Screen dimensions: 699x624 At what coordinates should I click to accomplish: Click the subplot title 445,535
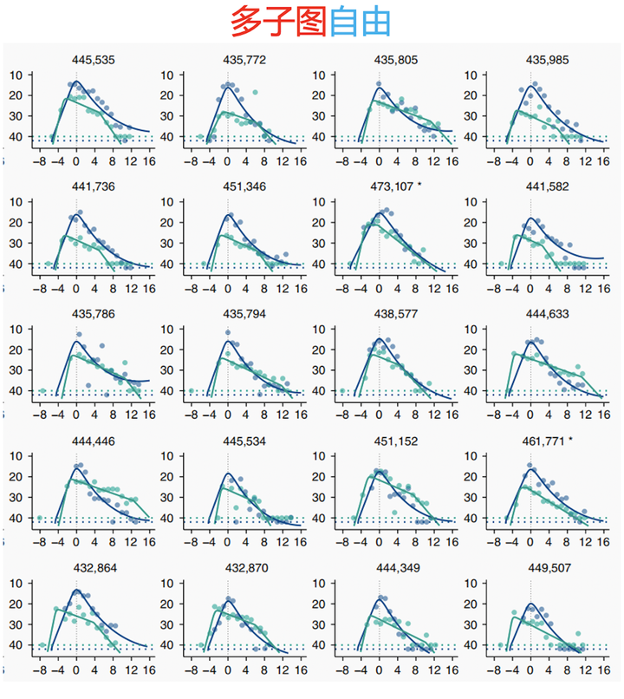tap(93, 60)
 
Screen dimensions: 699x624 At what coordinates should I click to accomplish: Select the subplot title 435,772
tap(244, 60)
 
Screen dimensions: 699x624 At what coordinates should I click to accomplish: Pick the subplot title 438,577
tap(396, 314)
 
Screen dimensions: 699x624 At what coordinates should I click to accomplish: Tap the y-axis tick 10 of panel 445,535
tap(16, 75)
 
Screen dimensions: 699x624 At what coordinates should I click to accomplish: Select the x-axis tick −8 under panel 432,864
tap(39, 671)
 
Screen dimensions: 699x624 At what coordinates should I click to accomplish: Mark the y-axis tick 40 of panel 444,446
tap(16, 519)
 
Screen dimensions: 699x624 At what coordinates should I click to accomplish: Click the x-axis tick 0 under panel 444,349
tap(379, 671)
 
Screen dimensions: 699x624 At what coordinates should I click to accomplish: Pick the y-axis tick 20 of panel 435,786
tap(16, 349)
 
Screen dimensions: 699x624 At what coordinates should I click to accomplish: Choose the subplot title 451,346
tap(244, 186)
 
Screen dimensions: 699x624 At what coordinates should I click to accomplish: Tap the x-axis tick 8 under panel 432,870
tap(264, 671)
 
